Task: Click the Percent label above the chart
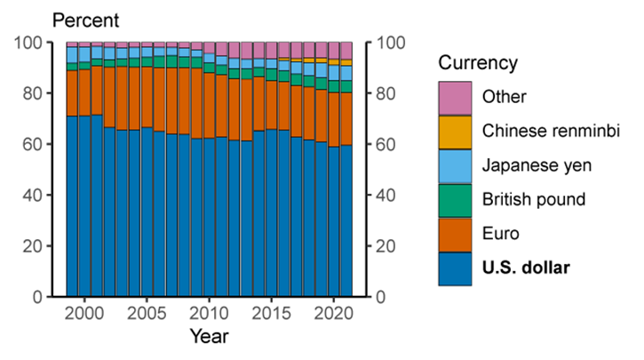[86, 19]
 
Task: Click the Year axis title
[209, 337]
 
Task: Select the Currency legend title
[478, 64]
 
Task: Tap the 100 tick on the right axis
[392, 43]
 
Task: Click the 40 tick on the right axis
[387, 195]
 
